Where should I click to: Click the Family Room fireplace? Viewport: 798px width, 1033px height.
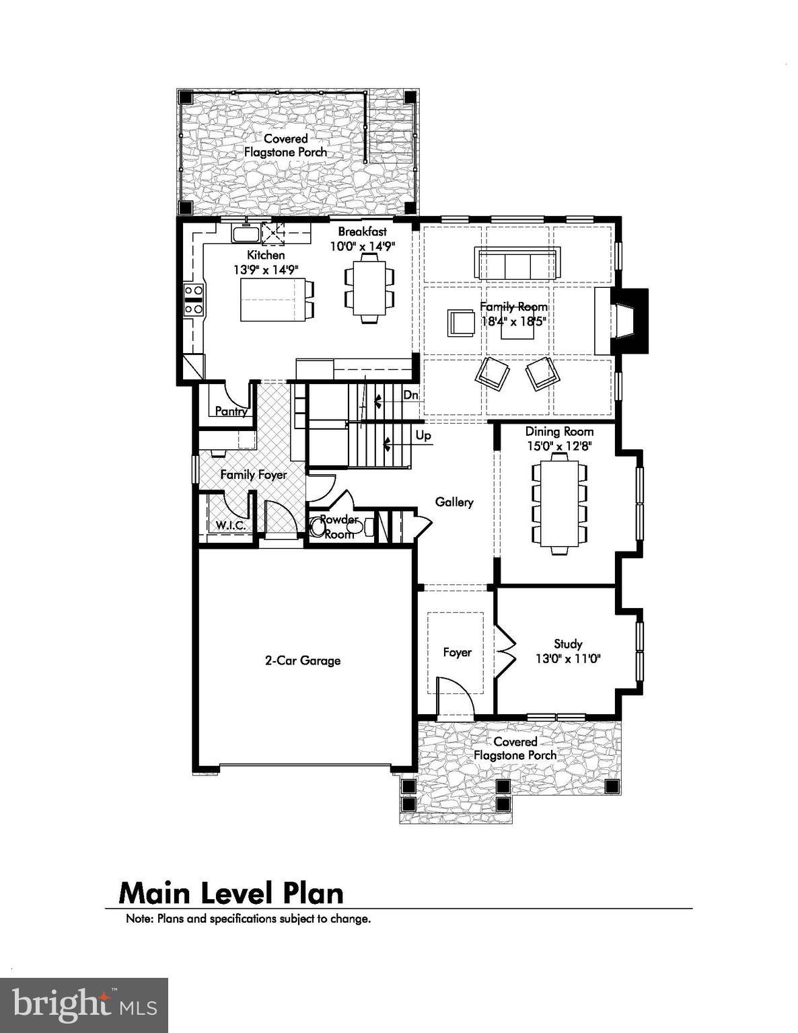(626, 321)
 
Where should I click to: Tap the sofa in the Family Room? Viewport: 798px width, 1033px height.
(517, 264)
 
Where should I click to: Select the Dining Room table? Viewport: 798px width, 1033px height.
(559, 502)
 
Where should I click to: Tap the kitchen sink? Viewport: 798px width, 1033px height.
(246, 234)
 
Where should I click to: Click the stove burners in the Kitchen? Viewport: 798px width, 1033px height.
(194, 299)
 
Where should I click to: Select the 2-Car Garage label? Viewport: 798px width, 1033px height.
(302, 660)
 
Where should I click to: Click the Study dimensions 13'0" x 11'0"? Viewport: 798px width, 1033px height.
(568, 659)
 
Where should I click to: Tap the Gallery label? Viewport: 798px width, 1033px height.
(454, 502)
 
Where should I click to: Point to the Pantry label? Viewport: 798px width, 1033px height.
(231, 411)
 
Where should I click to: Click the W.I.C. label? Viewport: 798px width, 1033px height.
(230, 525)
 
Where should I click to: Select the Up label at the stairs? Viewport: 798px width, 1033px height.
(423, 436)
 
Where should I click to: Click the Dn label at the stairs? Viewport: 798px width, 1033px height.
(410, 395)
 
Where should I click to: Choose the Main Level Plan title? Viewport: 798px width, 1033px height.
(231, 893)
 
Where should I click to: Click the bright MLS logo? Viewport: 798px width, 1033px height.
(84, 1005)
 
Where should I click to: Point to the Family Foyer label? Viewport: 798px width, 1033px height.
(254, 475)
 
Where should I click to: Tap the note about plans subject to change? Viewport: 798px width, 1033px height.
(248, 919)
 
